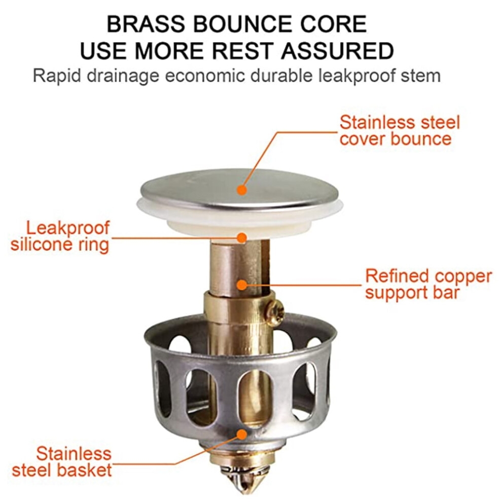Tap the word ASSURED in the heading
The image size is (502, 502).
pos(337,51)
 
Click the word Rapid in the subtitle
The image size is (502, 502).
pos(56,77)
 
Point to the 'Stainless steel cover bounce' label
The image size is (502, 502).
pos(400,131)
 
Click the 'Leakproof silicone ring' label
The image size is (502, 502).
pos(60,236)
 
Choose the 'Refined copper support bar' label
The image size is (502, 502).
pos(428,284)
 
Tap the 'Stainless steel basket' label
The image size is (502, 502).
pos(62,462)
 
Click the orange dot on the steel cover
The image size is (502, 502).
pos(242,190)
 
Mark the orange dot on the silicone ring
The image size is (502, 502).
pos(242,237)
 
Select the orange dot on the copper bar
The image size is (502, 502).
pos(242,284)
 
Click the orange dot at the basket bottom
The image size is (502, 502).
pos(242,435)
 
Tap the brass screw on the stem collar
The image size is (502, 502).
pos(276,310)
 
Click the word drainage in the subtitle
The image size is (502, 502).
pos(123,77)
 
